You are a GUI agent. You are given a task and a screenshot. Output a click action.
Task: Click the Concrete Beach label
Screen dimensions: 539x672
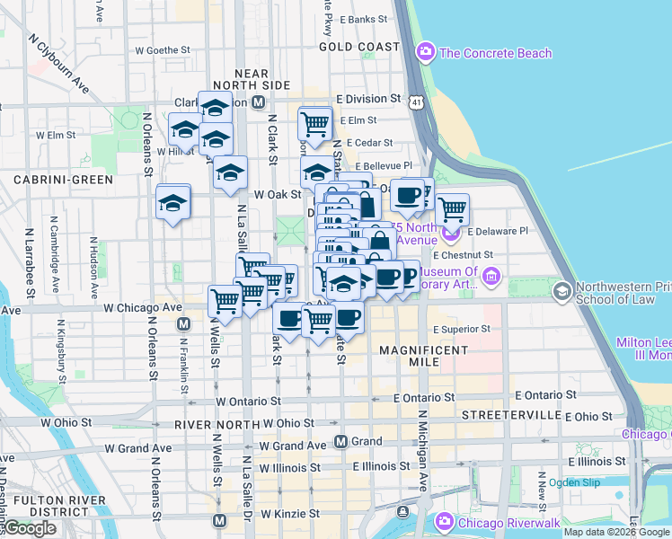tap(495, 53)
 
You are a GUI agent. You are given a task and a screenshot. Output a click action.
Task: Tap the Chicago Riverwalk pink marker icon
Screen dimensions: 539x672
tap(444, 522)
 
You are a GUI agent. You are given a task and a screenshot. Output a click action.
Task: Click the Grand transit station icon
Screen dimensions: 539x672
tap(340, 442)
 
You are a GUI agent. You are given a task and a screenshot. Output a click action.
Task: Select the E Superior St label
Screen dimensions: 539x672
tap(462, 329)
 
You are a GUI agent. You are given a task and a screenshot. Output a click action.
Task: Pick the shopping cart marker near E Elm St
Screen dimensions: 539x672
tap(315, 124)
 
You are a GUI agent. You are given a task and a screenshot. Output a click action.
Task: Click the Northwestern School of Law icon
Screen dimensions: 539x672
tap(562, 291)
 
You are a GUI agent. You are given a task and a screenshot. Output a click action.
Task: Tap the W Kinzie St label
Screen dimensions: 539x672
tap(291, 515)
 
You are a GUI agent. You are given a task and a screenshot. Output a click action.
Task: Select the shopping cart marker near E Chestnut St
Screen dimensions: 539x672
tap(452, 210)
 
